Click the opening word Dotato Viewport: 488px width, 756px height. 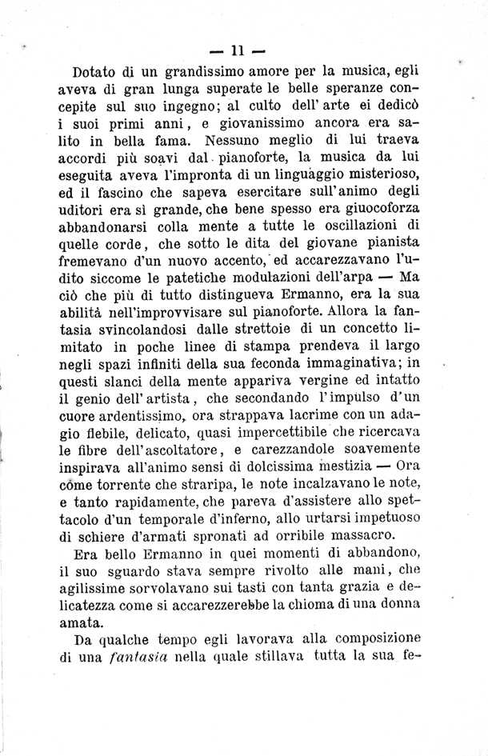(94, 70)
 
